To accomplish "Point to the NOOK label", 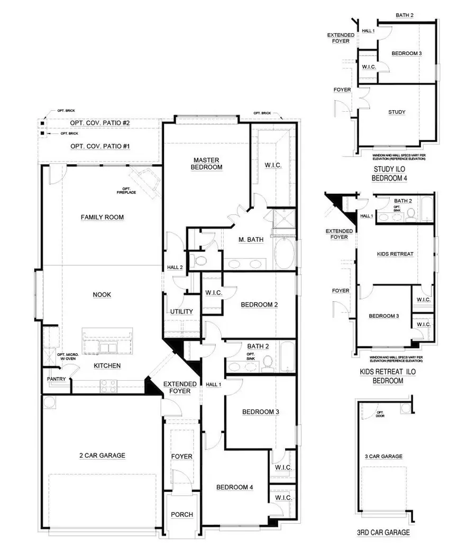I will [x=102, y=294].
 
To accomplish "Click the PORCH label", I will [x=182, y=514].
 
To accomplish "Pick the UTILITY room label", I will [x=181, y=312].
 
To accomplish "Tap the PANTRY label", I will [x=56, y=379].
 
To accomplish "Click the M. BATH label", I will [x=250, y=239].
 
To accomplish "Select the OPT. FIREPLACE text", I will [x=126, y=191].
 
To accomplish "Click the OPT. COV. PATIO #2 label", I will [x=100, y=123].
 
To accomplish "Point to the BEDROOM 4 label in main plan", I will [x=235, y=487].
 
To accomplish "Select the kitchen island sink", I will [x=108, y=347].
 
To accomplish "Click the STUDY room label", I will [x=397, y=112].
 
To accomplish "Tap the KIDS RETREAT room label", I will [x=396, y=254].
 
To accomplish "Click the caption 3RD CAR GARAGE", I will [x=383, y=533].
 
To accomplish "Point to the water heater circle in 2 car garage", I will [x=49, y=404].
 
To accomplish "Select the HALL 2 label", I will [x=175, y=267].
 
